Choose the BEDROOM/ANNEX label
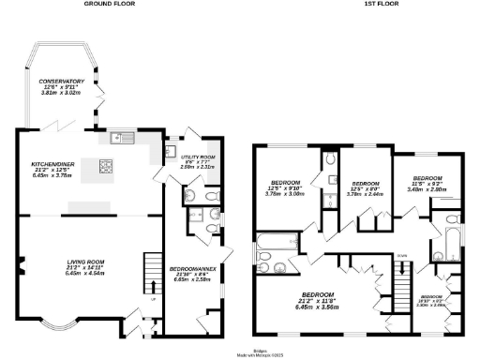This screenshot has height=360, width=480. tap(193, 272)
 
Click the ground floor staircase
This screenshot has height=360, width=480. tap(152, 272)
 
